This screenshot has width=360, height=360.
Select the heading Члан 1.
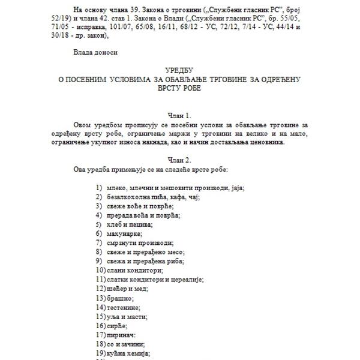(179, 115)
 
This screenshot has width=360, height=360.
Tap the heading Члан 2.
(179, 160)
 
